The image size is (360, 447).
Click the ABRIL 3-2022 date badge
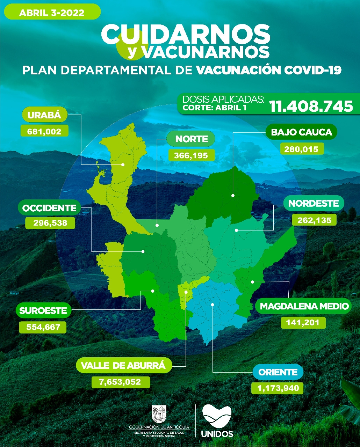52,13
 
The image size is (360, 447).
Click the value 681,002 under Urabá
44,131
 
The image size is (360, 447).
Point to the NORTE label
191,139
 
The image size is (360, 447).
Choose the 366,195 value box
191,155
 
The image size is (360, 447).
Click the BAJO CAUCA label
301,132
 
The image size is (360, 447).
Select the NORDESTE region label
314,203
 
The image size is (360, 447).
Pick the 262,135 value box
314,220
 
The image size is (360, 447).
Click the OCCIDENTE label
49,208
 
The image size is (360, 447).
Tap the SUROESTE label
43,310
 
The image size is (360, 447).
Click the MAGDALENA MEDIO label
304,306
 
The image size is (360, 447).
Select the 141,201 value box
303,322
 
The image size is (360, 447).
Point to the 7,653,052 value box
120,382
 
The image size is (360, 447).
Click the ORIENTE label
278,372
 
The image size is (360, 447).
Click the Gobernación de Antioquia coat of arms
159,414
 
